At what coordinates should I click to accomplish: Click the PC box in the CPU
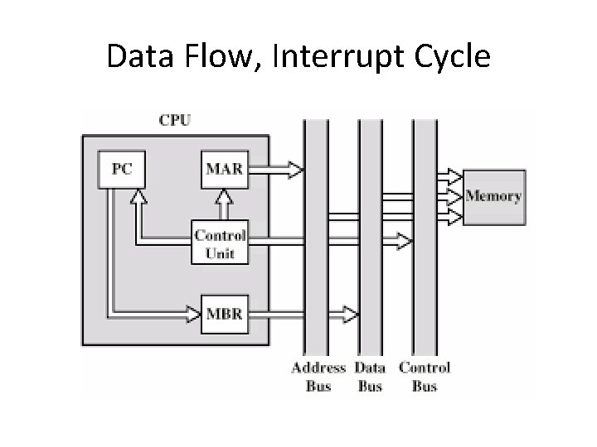coord(121,169)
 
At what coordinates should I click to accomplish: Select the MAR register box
coord(224,169)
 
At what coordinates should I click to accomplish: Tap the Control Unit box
coord(220,241)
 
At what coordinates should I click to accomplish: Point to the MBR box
coord(224,315)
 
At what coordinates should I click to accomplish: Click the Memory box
coord(493,196)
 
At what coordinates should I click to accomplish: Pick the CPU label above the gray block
coord(174,119)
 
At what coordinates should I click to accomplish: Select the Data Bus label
coord(370,377)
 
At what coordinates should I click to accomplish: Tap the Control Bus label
coord(425,377)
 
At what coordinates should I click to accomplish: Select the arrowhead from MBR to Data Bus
coord(351,315)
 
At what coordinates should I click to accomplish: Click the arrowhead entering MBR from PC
coord(193,315)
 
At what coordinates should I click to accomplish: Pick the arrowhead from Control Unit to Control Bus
coord(404,241)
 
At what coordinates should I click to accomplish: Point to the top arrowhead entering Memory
coord(454,175)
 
